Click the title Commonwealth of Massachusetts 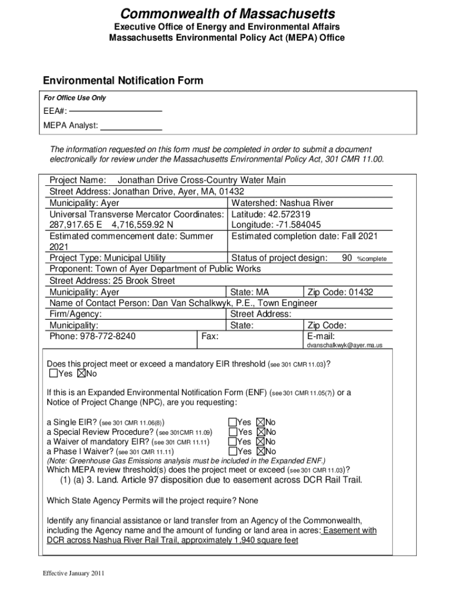(227, 13)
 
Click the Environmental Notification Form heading (123, 81)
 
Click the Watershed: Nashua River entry (282, 203)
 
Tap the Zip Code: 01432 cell (340, 292)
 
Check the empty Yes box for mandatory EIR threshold (54, 374)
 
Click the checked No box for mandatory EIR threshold (82, 374)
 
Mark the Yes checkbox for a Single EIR (232, 422)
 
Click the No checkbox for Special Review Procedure (261, 432)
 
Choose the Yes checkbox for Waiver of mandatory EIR (232, 442)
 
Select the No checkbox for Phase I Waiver (261, 452)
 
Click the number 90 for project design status (347, 258)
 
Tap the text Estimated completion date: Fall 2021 (304, 237)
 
